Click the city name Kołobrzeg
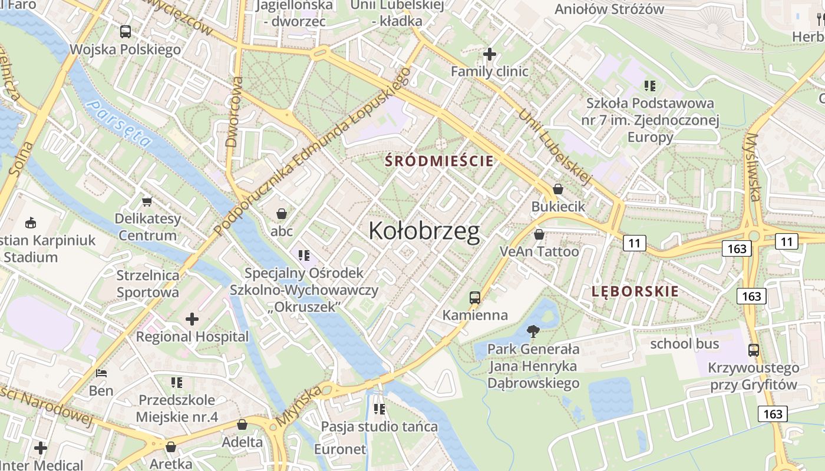coord(424,231)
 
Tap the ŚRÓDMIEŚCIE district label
coord(439,161)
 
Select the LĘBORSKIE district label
coord(635,291)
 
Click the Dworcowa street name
coord(235,112)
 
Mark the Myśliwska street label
coord(753,167)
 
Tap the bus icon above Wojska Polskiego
coord(125,32)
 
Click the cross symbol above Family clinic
coord(489,54)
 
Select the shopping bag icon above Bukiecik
coord(557,189)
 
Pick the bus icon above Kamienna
coord(475,297)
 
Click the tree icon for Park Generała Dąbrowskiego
coord(533,331)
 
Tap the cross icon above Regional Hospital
coord(192,319)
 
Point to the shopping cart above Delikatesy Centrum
coord(147,201)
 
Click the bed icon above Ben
coord(101,373)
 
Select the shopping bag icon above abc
coord(282,213)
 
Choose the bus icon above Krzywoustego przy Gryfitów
coord(753,350)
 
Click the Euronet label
coord(339,449)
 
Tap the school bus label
coord(684,343)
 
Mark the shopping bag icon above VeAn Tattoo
coord(539,234)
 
